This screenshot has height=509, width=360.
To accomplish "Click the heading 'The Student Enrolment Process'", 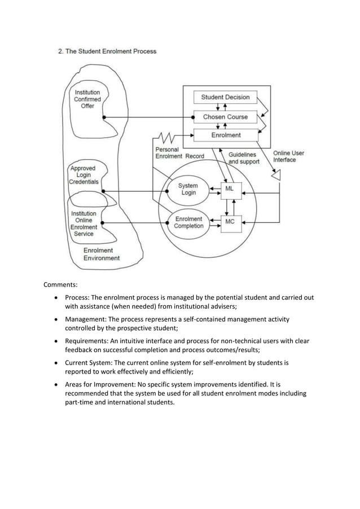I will tap(111, 51).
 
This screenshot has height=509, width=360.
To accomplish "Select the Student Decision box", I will tap(225, 97).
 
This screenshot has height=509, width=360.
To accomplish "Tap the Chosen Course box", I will tap(225, 117).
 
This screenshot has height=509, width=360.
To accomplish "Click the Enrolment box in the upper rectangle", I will tap(225, 135).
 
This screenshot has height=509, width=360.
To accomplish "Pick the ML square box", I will tap(230, 190).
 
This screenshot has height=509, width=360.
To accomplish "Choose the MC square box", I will tap(230, 222).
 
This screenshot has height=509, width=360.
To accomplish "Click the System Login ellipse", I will tap(188, 189).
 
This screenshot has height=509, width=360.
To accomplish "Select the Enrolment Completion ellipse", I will tap(188, 222).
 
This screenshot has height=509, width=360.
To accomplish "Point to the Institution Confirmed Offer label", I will tap(87, 99).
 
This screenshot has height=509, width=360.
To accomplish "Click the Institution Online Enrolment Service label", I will tap(84, 223).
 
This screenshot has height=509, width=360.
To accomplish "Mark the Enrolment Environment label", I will tap(102, 254).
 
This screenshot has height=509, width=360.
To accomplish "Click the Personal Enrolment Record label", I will tap(175, 152).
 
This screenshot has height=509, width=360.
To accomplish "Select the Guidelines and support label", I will tap(243, 157).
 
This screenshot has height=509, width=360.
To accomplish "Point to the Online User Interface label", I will tap(288, 156).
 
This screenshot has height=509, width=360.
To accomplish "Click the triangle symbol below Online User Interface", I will tap(276, 176).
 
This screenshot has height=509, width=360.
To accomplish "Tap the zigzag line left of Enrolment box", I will tap(165, 137).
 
